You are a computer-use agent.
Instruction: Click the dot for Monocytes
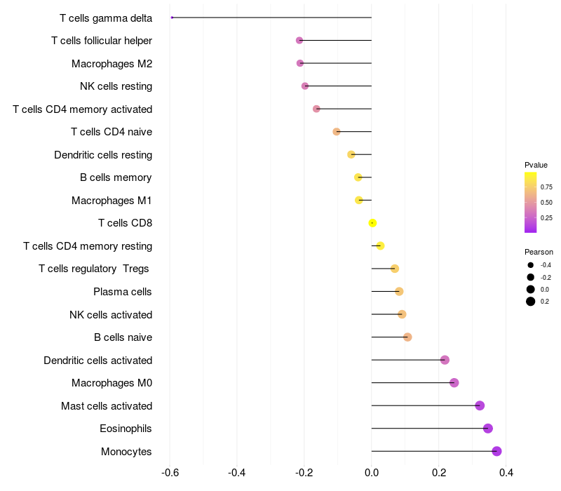496,451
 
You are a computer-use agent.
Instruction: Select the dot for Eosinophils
488,429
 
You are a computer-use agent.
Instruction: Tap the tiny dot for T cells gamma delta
172,18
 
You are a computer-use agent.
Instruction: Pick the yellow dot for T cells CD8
372,223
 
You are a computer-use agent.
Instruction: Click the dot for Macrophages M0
454,382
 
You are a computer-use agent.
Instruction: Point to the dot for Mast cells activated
480,405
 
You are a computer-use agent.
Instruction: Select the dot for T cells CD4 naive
337,132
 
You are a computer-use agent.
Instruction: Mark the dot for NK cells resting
305,86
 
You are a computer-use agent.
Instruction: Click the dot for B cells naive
407,337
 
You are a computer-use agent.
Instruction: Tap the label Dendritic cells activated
98,360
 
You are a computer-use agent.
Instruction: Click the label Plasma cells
122,292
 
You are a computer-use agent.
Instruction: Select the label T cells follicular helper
102,41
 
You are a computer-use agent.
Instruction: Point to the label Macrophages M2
112,64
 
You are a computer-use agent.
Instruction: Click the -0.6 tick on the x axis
170,473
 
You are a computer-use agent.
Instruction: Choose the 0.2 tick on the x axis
439,473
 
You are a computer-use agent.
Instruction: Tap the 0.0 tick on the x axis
372,473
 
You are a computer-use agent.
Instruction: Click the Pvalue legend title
536,165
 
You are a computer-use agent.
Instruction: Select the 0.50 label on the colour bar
546,203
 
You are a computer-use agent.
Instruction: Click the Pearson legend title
539,252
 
